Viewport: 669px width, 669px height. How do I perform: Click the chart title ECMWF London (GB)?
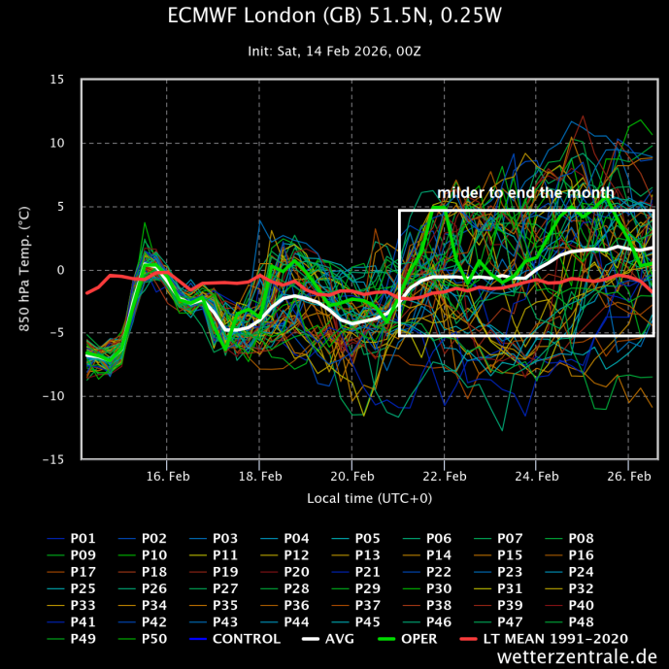coord(335,17)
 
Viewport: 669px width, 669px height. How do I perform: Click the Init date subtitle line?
coord(335,50)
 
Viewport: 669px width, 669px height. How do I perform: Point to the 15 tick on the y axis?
coord(58,80)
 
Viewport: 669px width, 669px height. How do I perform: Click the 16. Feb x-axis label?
coord(167,477)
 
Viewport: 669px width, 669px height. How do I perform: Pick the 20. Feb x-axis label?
coord(351,477)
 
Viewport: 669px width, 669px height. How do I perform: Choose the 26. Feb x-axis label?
coord(628,477)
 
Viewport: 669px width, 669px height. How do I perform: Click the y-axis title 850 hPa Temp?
coord(25,269)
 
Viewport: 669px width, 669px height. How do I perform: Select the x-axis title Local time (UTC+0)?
coord(368,498)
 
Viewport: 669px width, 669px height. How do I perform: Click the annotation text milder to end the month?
coord(525,193)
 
